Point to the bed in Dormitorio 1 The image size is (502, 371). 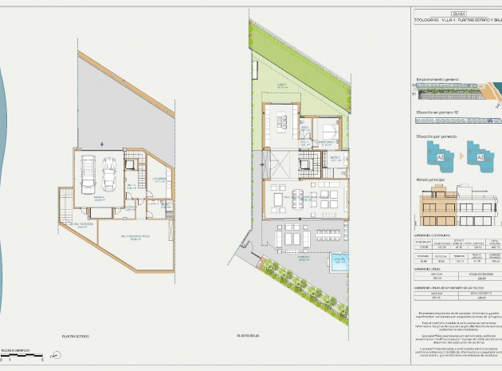click(327, 131)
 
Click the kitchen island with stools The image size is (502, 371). click(281, 122)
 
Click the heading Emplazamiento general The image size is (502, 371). click(437, 80)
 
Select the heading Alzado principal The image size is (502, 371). click(431, 180)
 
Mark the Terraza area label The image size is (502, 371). click(303, 259)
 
